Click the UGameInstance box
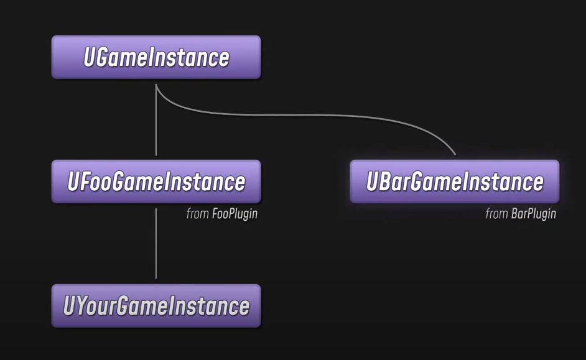(156, 57)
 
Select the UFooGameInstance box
(156, 182)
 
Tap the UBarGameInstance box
(454, 182)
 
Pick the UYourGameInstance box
(156, 306)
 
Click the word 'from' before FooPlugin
(197, 214)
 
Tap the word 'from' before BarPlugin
(496, 214)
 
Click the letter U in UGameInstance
(89, 57)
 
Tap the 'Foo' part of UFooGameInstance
(91, 182)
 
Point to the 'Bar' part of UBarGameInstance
(391, 182)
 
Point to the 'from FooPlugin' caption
(221, 214)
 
